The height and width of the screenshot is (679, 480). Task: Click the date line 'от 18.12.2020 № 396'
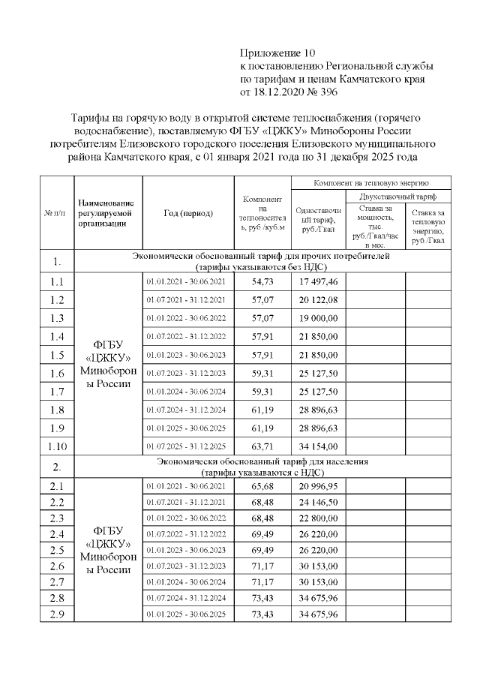[x=289, y=92]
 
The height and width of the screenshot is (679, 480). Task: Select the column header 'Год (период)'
[x=187, y=213]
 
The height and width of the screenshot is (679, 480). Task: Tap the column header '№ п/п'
[x=55, y=213]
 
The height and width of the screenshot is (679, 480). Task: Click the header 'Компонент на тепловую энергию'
[x=370, y=183]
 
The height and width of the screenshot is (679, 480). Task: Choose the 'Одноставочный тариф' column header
[x=317, y=220]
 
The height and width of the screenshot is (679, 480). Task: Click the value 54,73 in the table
[x=262, y=282]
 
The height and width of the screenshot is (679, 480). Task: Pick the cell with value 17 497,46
[x=317, y=282]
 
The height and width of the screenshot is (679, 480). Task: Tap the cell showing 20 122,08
[x=317, y=300]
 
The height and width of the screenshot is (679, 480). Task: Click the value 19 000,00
[x=317, y=318]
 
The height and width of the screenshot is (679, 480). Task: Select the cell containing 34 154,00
[x=317, y=446]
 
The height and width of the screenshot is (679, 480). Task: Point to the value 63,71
[x=262, y=446]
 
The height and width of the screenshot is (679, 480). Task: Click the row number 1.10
[x=55, y=446]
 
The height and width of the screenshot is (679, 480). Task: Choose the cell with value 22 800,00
[x=317, y=524]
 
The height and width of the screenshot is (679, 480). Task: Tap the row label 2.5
[x=55, y=560]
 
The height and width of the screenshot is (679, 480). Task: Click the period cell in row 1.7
[x=187, y=392]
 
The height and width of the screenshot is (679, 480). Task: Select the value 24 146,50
[x=317, y=506]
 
